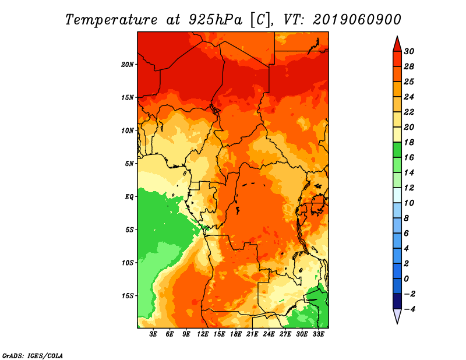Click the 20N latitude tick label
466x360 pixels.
[x=128, y=65]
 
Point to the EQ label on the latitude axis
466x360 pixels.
[x=129, y=197]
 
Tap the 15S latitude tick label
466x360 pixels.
[x=128, y=296]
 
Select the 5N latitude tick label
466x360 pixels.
[x=129, y=164]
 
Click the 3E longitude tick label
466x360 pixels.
[x=153, y=334]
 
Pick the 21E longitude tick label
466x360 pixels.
[x=252, y=334]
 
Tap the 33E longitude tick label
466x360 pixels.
[x=318, y=334]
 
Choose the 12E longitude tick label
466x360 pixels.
[x=203, y=334]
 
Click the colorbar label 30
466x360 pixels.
[x=409, y=51]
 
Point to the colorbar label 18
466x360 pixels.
[x=409, y=142]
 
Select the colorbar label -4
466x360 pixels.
[x=410, y=309]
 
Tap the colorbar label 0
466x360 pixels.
[x=406, y=279]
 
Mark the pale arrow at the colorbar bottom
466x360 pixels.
[x=397, y=316]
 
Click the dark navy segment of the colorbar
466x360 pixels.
[x=397, y=301]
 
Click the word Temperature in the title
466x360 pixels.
[x=111, y=20]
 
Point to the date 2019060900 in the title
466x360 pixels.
[x=357, y=20]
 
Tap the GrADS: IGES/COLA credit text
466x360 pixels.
[x=33, y=356]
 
